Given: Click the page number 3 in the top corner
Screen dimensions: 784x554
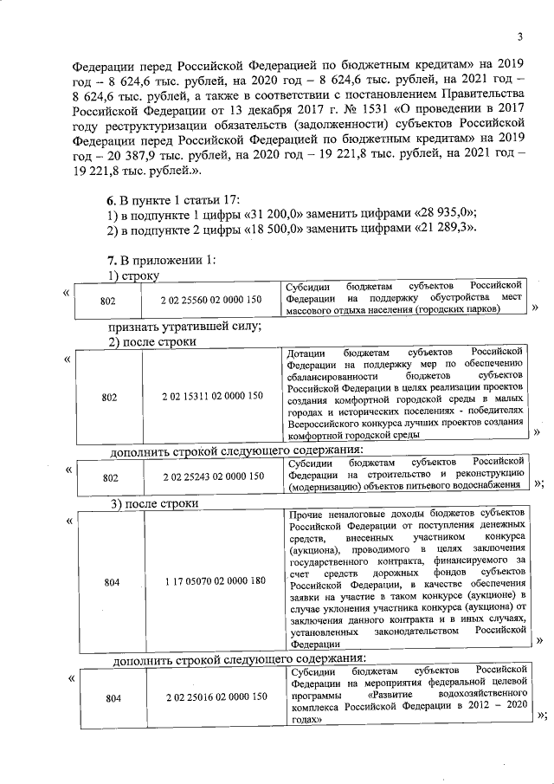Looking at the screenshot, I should (520, 36).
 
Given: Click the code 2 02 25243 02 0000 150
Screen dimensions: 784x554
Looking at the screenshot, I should (211, 476).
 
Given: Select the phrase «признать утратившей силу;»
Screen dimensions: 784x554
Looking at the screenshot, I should (184, 327).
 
